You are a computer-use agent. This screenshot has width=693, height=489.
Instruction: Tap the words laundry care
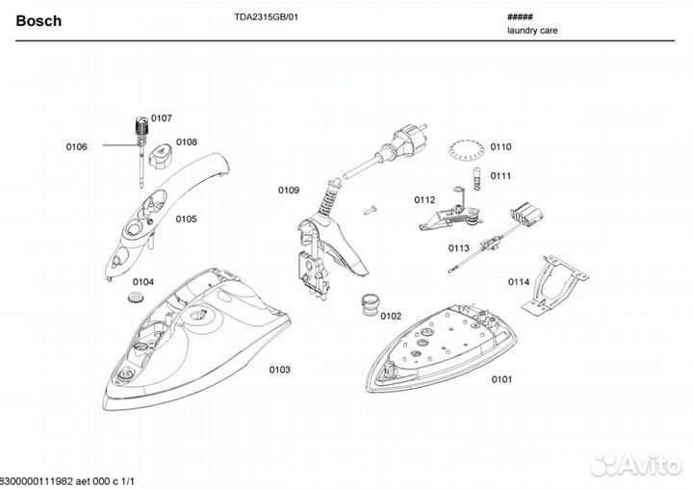(x=531, y=31)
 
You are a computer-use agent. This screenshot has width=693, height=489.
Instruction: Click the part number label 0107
(x=161, y=117)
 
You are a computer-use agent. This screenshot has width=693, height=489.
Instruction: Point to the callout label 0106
(x=76, y=146)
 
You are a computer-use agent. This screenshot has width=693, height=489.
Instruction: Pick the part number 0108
(x=187, y=142)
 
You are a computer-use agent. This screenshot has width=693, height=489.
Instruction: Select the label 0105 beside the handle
(x=186, y=219)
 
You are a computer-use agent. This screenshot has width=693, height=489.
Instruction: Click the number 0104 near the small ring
(x=142, y=281)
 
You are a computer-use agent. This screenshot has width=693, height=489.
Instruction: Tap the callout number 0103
(x=279, y=369)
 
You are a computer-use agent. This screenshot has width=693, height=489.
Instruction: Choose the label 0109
(x=289, y=190)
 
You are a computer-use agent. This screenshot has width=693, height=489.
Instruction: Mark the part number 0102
(x=390, y=315)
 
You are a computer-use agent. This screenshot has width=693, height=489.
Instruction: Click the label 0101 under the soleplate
(x=500, y=379)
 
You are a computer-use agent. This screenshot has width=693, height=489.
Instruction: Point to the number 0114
(x=519, y=282)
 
